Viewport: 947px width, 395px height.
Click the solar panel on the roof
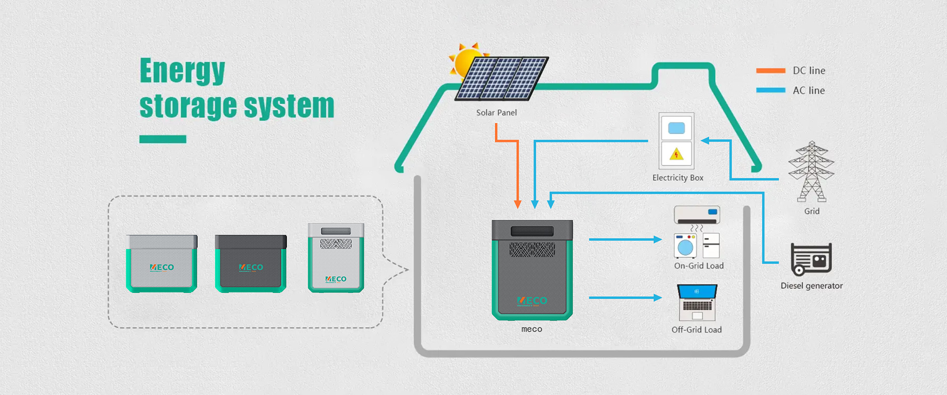[x=502, y=78]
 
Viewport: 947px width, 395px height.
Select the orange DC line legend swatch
[x=770, y=71]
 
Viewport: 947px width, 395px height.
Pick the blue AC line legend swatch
[x=770, y=90]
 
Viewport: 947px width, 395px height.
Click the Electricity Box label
[x=678, y=178]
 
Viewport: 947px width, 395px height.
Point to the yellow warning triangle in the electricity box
[x=676, y=155]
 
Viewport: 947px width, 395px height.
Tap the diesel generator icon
[x=811, y=259]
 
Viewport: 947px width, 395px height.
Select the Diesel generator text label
[x=811, y=286]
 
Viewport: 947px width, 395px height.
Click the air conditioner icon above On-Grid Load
[x=697, y=215]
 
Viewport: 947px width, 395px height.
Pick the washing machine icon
[x=685, y=246]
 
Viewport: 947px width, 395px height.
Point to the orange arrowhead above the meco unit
[x=517, y=204]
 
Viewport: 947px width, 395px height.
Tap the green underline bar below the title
[x=163, y=139]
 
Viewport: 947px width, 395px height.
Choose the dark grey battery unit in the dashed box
[x=251, y=263]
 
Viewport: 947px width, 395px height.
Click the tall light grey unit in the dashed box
[x=336, y=257]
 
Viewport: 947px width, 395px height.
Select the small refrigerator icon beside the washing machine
[x=711, y=245]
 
